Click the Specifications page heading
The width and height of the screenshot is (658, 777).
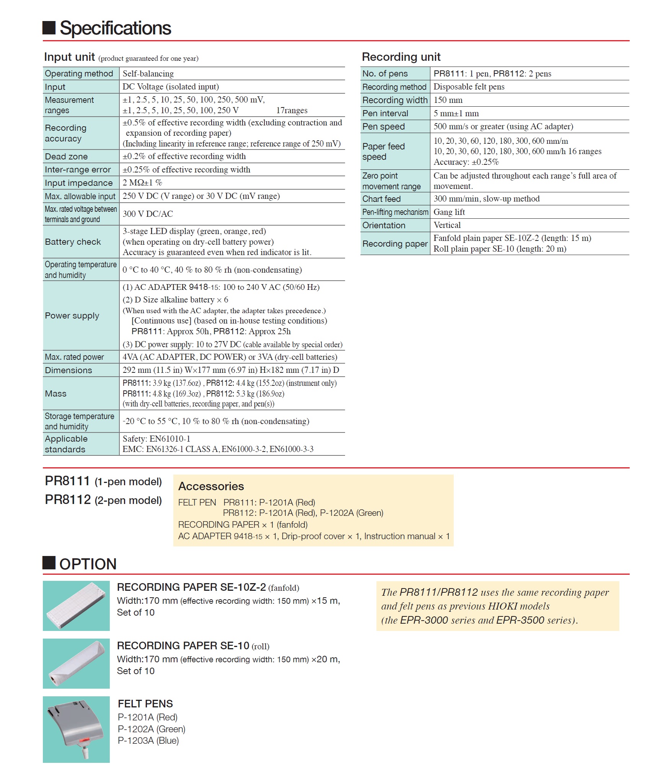pos(115,28)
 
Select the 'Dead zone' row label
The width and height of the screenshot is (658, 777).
pos(66,156)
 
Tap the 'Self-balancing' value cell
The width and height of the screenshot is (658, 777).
pos(148,73)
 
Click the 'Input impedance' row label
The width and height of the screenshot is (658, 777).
pos(79,183)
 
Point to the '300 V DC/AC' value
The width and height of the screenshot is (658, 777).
pos(148,214)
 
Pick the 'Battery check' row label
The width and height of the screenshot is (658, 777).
pos(73,242)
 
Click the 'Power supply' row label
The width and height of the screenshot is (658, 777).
pos(72,315)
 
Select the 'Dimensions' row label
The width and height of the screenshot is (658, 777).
pos(68,370)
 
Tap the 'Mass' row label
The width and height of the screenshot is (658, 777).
pos(55,393)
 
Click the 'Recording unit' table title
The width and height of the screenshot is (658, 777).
pos(401,57)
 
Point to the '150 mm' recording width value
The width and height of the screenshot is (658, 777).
pos(448,100)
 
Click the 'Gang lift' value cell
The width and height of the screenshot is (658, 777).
pos(449,212)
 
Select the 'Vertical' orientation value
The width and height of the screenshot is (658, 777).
pos(447,225)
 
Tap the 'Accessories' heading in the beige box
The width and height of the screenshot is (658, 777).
pos(211,486)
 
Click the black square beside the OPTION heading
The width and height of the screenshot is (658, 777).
pos(49,563)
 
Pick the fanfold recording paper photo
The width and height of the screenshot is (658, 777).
pos(76,606)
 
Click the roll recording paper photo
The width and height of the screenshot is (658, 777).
pos(76,663)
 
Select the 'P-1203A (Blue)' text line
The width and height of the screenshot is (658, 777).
pos(148,741)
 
